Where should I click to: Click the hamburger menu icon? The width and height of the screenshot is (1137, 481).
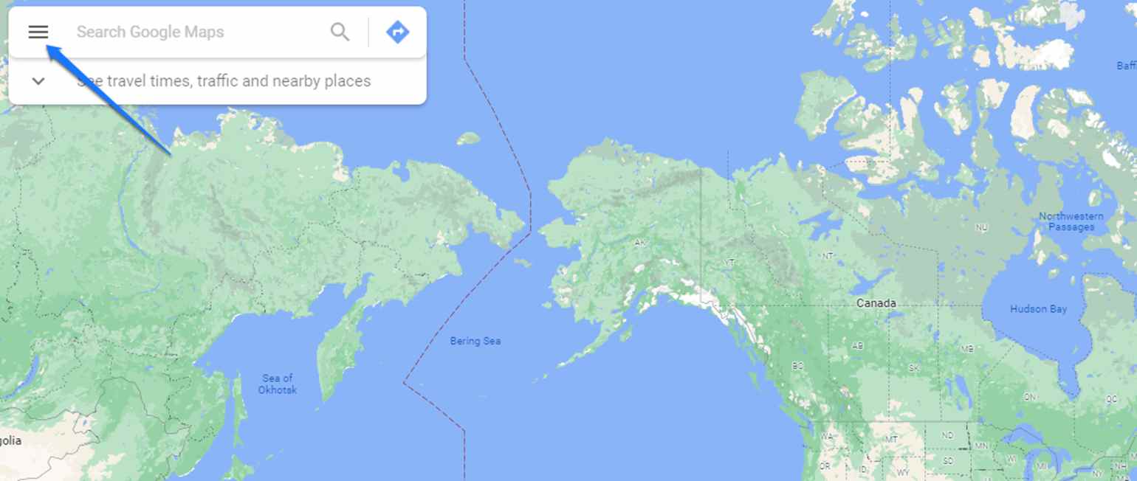38,32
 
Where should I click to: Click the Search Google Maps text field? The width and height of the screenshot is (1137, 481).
192,32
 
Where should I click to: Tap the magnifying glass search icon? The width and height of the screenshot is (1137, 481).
340,32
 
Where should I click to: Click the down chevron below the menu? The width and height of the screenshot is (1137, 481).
38,81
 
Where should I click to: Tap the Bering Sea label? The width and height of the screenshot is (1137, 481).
475,341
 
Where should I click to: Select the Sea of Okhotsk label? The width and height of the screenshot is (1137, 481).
278,384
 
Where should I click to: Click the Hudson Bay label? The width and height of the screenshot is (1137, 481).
1038,308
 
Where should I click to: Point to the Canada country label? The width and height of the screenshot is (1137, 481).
876,303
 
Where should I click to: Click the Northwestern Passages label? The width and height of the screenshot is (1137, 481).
1071,221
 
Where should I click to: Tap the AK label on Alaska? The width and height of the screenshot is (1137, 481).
640,242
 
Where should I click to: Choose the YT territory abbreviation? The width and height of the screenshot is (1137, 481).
729,262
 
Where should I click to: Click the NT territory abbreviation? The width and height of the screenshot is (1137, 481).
828,256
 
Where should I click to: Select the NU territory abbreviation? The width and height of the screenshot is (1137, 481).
982,228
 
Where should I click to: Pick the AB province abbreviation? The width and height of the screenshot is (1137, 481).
858,345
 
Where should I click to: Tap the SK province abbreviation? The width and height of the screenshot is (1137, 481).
914,367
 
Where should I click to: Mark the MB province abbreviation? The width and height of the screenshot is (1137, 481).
967,349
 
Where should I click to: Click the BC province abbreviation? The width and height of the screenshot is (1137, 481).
797,365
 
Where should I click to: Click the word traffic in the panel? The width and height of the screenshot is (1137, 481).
214,81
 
